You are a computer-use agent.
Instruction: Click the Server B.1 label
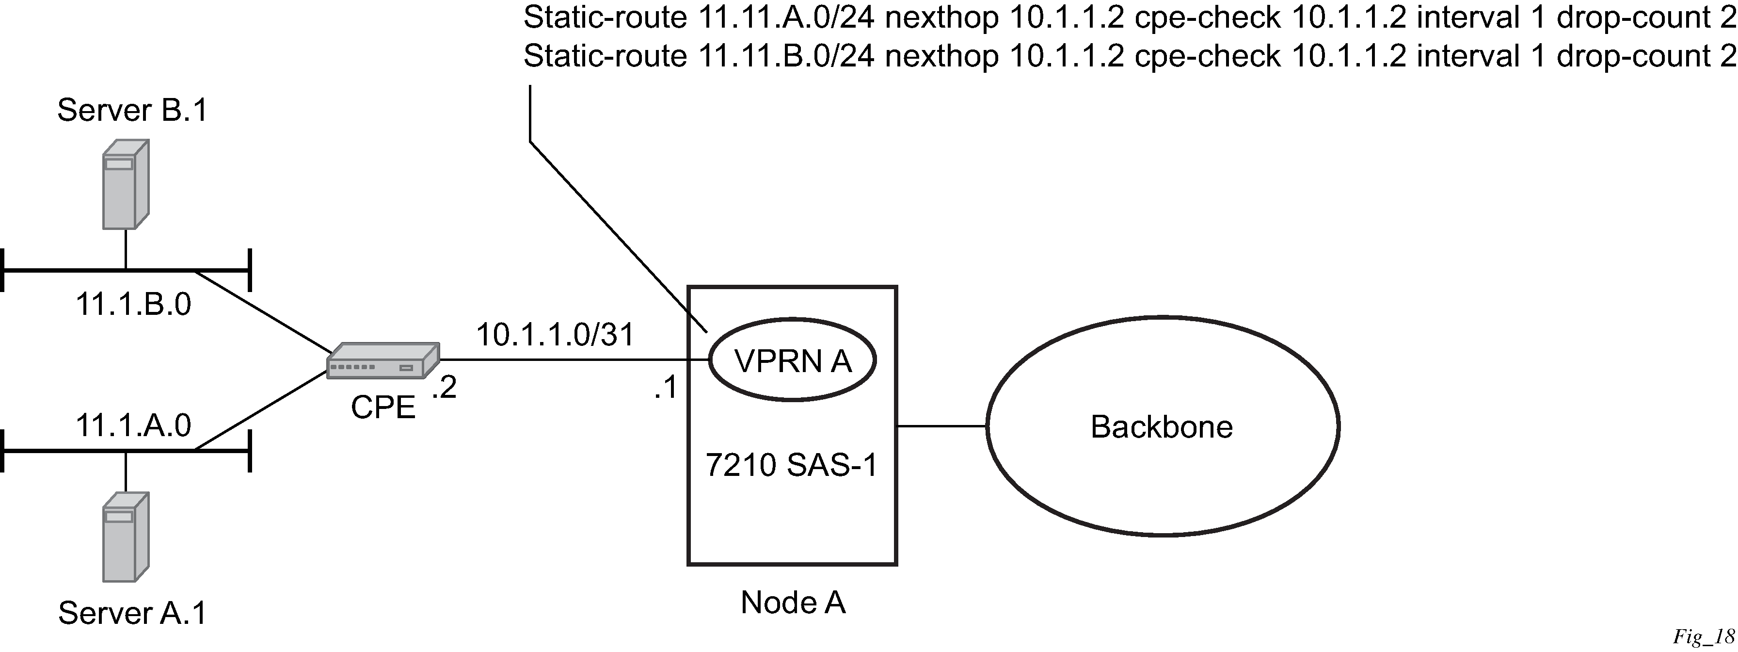pos(132,110)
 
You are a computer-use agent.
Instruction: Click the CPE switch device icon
pos(383,361)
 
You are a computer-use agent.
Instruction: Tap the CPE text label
pos(383,407)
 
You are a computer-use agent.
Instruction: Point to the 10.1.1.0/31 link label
pos(555,335)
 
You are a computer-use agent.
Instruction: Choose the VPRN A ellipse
pos(792,361)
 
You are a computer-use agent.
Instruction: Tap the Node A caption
pos(793,603)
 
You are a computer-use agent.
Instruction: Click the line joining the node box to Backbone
pos(942,426)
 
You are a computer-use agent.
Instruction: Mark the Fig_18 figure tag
pos(1703,637)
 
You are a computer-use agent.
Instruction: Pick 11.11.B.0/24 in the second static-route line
pos(785,56)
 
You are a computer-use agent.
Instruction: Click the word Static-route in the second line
pos(605,56)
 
